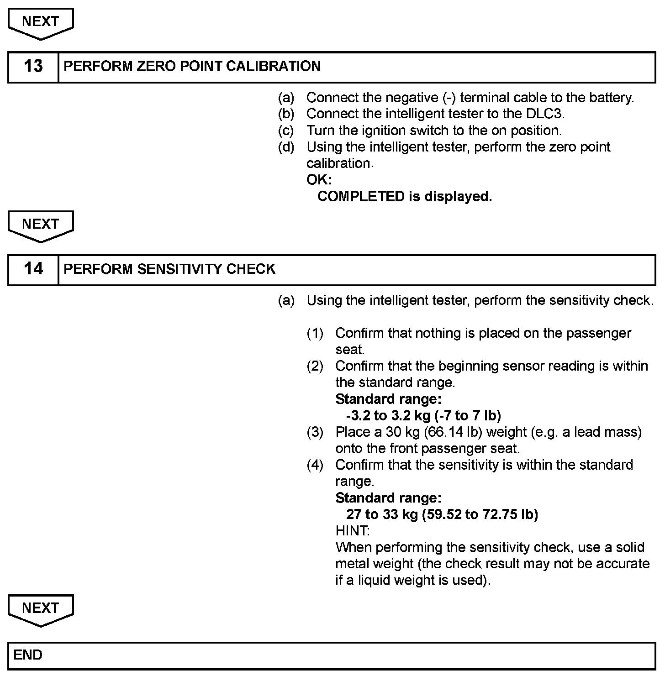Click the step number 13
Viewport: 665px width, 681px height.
(x=33, y=66)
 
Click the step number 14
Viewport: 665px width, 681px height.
(x=33, y=269)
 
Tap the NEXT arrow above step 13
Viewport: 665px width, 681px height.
(x=41, y=23)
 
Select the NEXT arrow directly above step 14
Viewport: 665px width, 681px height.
(x=41, y=226)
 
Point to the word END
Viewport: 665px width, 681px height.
(x=28, y=655)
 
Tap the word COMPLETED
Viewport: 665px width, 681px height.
(x=361, y=197)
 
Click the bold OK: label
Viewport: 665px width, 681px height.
(x=319, y=180)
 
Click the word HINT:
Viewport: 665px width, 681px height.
(x=352, y=531)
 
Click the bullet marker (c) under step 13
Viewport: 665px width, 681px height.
(x=286, y=131)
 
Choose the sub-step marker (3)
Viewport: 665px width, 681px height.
(x=315, y=432)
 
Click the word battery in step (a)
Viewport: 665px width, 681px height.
(x=611, y=98)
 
